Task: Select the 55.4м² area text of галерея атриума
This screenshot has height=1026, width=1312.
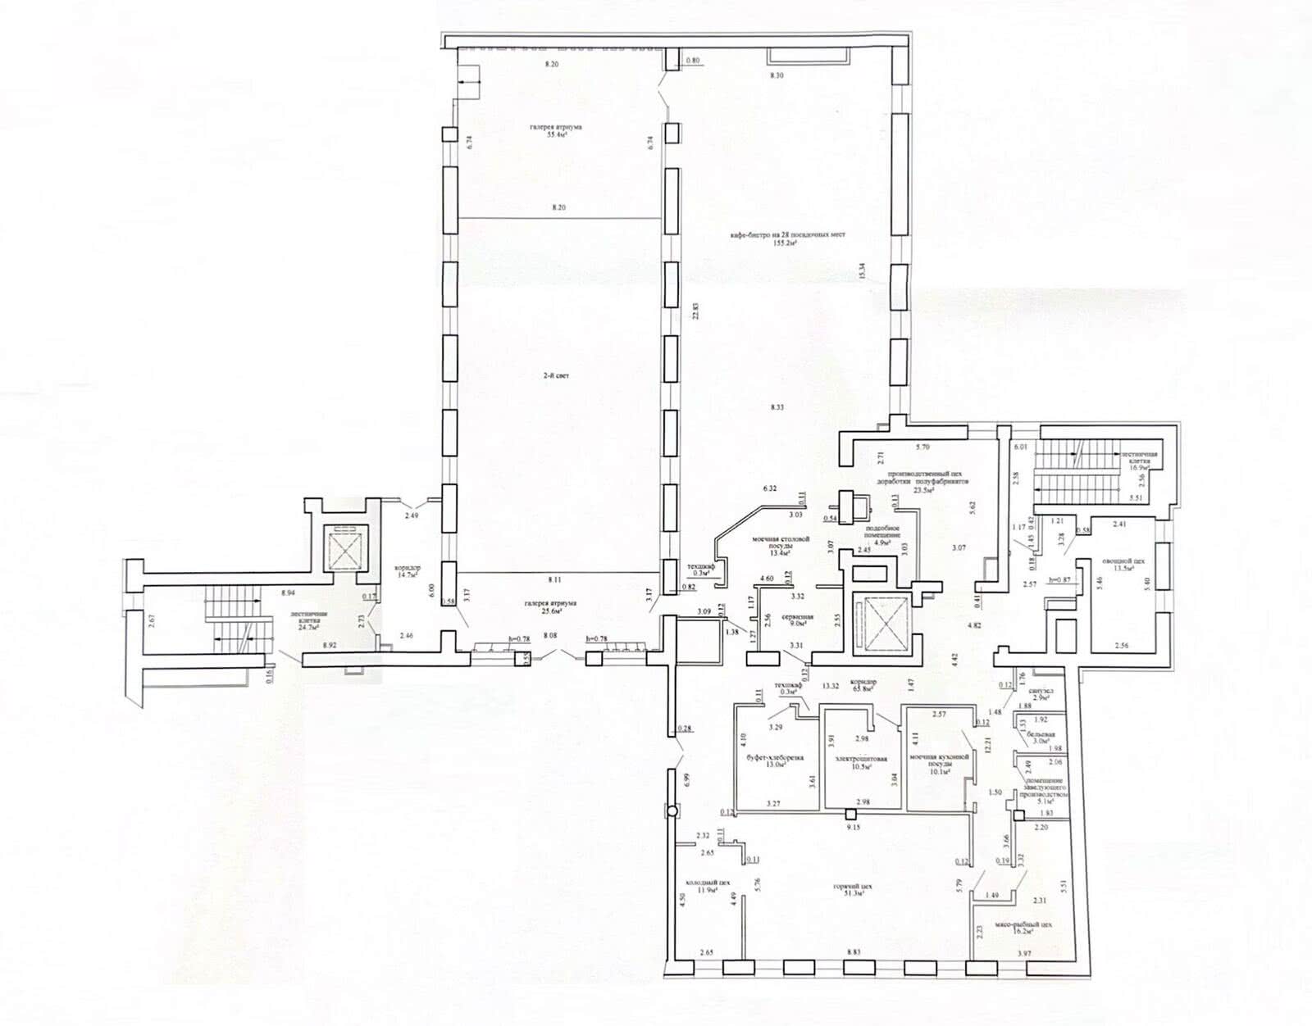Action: [x=558, y=135]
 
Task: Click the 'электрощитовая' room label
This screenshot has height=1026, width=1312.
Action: [x=862, y=760]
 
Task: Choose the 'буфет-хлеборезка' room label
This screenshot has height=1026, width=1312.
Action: [x=772, y=759]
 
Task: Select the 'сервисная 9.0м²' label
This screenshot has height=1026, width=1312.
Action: [x=796, y=620]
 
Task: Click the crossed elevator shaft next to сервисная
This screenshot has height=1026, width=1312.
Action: [x=876, y=623]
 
